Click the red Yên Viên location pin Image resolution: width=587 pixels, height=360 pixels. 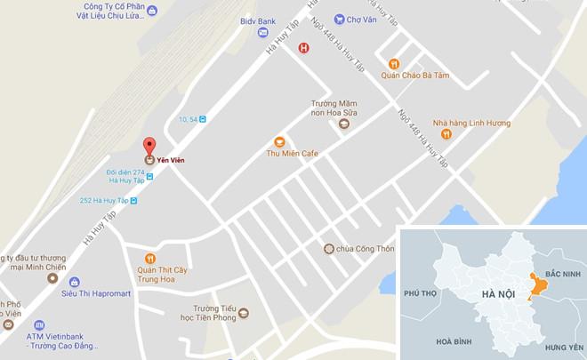pos(149,146)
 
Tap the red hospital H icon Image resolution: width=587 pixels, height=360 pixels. pos(303,49)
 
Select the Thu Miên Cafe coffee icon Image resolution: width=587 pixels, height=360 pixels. pos(278,140)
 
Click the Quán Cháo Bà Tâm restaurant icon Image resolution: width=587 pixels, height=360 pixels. pos(394,63)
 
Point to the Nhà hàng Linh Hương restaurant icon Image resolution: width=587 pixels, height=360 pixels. pos(446,134)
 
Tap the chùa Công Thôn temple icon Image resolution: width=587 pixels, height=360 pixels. pos(328,248)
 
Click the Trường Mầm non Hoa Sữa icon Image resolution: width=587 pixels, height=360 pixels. pos(343,124)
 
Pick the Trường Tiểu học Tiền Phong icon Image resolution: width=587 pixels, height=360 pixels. pos(243,312)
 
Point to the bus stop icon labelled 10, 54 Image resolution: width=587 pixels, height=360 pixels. pos(203,119)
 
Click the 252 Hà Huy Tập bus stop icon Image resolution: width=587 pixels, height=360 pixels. pos(133,201)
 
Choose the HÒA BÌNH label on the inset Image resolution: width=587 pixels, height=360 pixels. pos(454,342)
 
